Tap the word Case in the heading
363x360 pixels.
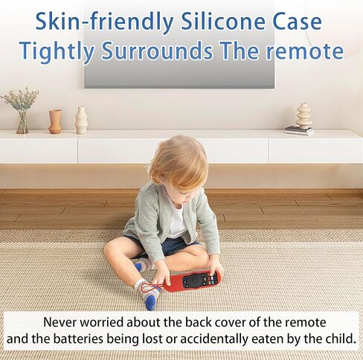(297, 22)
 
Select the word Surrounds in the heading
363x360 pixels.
(157, 51)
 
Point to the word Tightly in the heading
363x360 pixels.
(57, 52)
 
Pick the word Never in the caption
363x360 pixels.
(60, 322)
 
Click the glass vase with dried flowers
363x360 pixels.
(21, 111)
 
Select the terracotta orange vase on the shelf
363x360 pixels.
(55, 121)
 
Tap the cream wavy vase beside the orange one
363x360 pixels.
(81, 120)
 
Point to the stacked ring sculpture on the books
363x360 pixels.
(303, 115)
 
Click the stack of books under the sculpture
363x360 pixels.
(299, 131)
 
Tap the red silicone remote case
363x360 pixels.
(193, 281)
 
